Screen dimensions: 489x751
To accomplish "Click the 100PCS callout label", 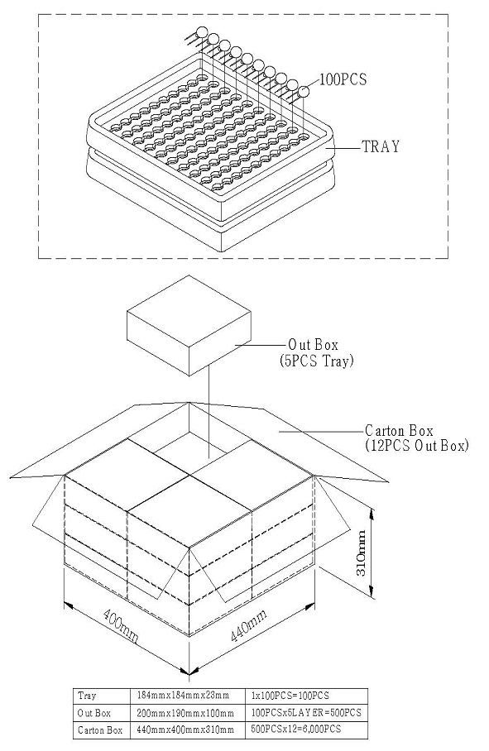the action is click(343, 79).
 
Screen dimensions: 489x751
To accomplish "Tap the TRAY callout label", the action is click(381, 146).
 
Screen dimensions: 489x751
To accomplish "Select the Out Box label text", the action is click(314, 344).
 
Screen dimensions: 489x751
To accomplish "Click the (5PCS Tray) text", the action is click(317, 360).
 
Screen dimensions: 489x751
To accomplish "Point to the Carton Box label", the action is click(399, 430).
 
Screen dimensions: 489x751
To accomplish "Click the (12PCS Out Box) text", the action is click(416, 446).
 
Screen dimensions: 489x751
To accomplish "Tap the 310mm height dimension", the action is click(362, 553).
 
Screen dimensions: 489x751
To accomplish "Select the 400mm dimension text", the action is click(121, 625).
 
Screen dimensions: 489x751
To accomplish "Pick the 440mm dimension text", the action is click(248, 624).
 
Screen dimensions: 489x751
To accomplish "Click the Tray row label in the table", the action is click(87, 696).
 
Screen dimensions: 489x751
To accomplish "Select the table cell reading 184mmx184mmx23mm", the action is click(183, 696).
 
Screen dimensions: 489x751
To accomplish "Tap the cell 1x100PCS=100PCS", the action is click(290, 696).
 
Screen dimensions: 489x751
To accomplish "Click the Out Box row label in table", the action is click(93, 713).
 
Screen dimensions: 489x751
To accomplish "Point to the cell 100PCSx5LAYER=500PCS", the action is click(306, 713).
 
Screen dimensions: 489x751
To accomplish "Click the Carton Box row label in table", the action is click(100, 730).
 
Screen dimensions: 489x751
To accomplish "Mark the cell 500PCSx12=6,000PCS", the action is click(296, 729).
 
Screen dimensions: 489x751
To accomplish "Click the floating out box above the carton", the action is click(189, 326).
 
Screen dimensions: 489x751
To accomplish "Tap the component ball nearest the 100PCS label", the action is click(304, 91).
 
